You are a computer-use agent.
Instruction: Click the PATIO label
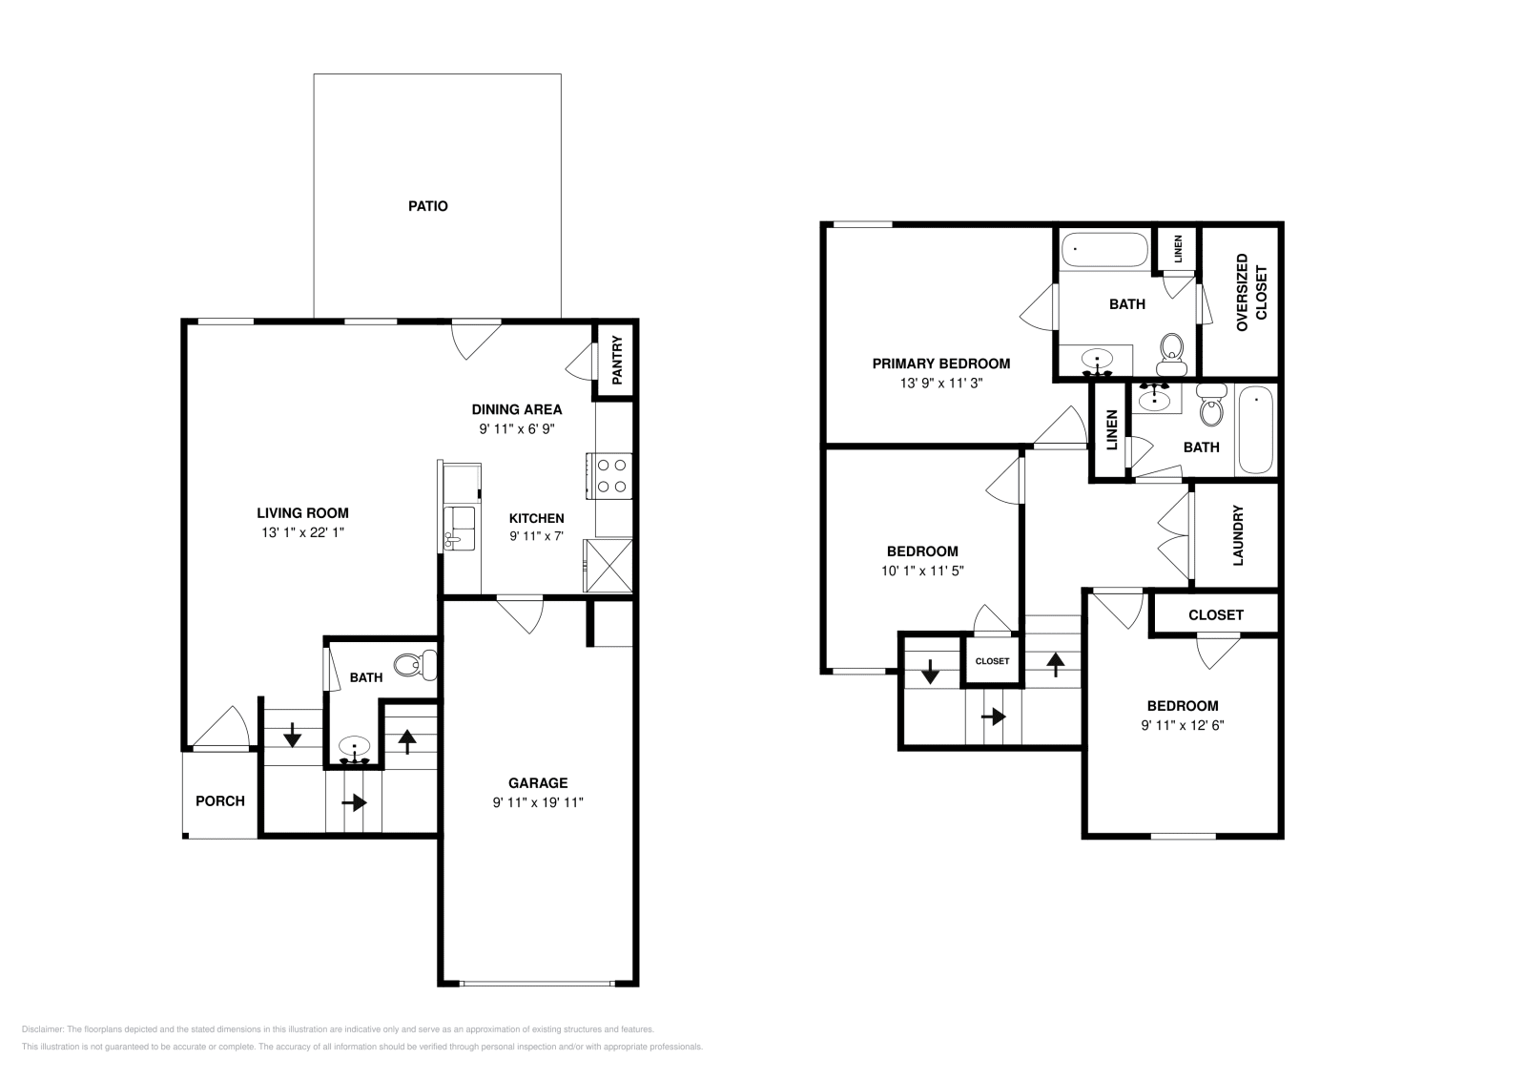(428, 206)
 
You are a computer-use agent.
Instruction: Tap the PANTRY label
(617, 360)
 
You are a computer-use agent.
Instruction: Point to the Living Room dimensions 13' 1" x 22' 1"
(301, 532)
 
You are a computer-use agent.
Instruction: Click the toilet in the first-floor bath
(418, 664)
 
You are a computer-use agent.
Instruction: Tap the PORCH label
(220, 801)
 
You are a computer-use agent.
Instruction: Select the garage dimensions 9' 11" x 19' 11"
(538, 802)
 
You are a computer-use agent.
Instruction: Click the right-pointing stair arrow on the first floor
(354, 802)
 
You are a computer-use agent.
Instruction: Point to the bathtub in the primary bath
(1104, 249)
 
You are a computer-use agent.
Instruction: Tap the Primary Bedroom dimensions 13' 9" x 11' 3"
(941, 383)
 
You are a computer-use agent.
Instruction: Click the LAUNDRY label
(1238, 535)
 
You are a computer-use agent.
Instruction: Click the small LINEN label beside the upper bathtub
(1179, 249)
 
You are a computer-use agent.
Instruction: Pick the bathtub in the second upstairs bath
(1256, 429)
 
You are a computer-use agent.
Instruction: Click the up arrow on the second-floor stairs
(1056, 663)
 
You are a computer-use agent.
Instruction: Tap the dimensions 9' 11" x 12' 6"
(1183, 725)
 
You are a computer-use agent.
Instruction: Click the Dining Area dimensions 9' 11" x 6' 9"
(517, 429)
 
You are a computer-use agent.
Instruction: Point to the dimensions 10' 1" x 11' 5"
(922, 571)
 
